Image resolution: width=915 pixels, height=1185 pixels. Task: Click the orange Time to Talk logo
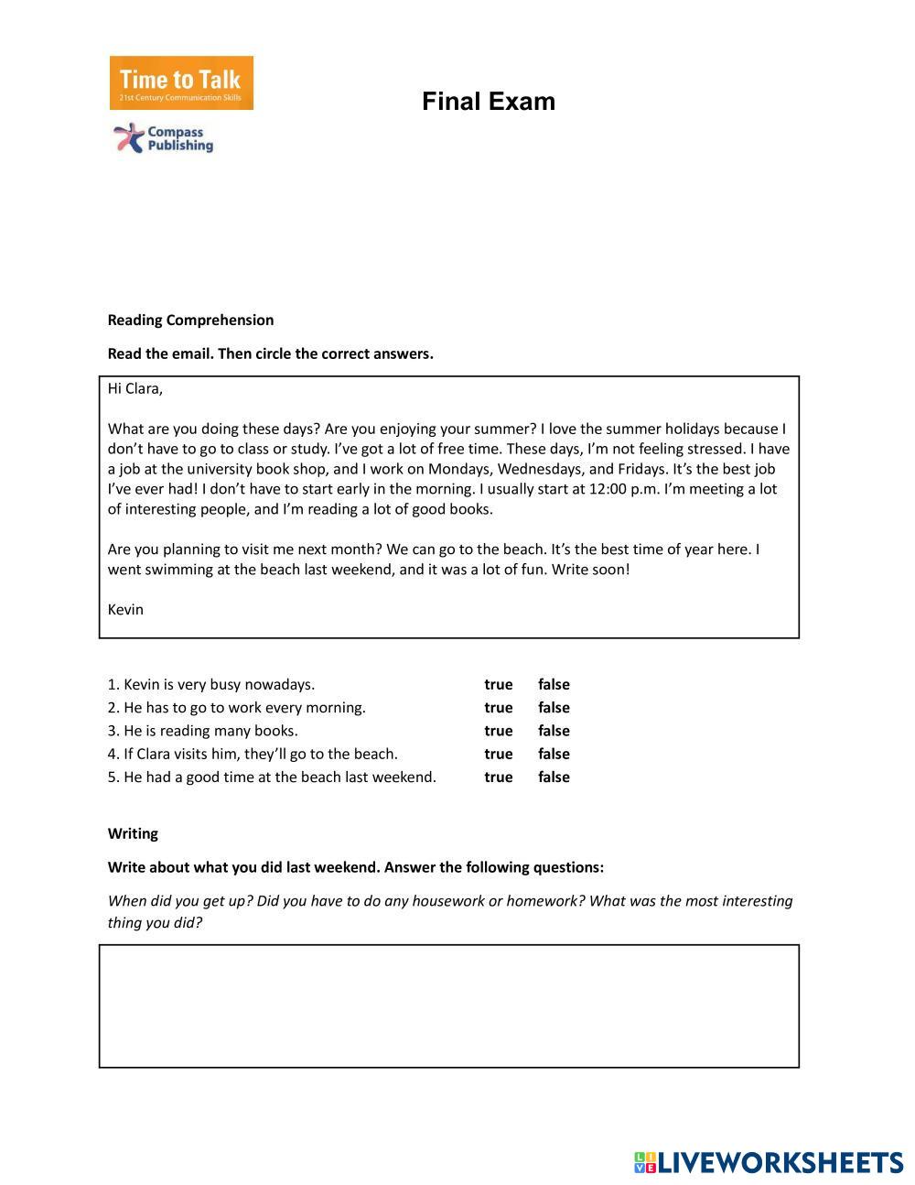point(181,83)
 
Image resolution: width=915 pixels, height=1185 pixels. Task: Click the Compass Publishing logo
point(164,138)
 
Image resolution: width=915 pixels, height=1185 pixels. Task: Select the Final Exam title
point(489,102)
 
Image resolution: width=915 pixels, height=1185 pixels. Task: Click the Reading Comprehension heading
point(190,320)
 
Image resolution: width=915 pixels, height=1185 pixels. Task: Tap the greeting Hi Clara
point(135,388)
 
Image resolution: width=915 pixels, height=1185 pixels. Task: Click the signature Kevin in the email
point(125,610)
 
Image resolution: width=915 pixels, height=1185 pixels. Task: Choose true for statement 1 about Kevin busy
point(498,684)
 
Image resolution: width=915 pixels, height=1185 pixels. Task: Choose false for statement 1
point(554,684)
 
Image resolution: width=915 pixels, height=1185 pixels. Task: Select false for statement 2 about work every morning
point(554,708)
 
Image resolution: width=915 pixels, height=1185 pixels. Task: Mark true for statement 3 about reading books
point(498,731)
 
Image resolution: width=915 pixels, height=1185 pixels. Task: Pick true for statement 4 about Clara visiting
point(498,754)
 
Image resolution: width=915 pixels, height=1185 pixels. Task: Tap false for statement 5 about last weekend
point(554,777)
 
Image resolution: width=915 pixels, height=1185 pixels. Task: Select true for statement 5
point(498,777)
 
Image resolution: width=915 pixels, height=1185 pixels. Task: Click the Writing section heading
point(133,833)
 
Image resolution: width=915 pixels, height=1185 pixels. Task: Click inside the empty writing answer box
point(448,1006)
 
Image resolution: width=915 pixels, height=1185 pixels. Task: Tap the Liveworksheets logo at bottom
point(769,1163)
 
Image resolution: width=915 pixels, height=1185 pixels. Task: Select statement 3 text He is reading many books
point(202,731)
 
